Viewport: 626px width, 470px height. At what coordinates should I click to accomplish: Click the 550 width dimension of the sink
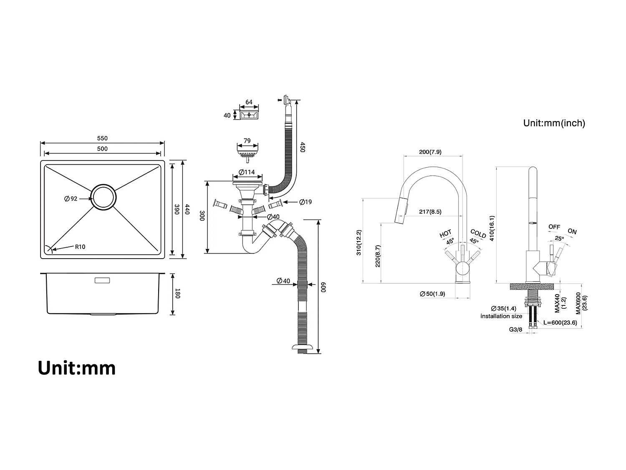point(102,138)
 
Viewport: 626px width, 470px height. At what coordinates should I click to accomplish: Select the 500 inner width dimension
point(102,149)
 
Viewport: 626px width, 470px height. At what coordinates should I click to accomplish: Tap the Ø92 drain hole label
point(71,199)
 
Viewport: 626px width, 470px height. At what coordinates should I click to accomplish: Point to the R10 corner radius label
point(80,247)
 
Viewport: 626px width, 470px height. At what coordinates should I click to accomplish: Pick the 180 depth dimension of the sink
point(177,294)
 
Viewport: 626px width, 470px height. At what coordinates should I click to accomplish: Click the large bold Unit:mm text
point(77,368)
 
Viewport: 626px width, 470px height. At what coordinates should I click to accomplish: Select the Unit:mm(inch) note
point(554,123)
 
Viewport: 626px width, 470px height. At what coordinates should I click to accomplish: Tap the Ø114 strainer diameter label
point(247,172)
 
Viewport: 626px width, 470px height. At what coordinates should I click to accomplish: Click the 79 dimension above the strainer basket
point(247,141)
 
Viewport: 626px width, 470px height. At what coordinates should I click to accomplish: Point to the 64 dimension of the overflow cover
point(249,102)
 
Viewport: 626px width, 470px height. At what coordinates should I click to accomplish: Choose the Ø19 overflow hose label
point(305,202)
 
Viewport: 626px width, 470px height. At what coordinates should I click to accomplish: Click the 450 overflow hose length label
point(302,147)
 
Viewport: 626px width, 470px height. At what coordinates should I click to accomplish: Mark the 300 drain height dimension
point(202,216)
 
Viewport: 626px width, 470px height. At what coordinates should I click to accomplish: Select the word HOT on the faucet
point(445,234)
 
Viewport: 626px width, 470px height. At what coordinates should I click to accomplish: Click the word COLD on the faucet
point(478,234)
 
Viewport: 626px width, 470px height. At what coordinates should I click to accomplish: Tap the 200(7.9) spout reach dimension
point(430,152)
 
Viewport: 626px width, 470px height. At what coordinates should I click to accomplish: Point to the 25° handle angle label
point(559,239)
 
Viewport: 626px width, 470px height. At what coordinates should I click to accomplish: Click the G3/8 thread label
point(515,330)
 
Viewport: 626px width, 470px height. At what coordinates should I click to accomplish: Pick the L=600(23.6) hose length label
point(560,323)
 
